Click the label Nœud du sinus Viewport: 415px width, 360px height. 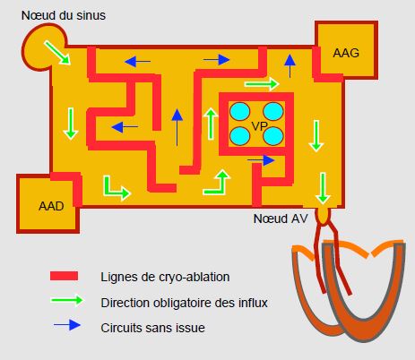(64, 15)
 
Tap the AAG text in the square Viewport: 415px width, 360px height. (346, 53)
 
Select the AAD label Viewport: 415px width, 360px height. (51, 206)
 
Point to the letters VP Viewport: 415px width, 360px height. (259, 126)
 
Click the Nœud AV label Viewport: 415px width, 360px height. (281, 219)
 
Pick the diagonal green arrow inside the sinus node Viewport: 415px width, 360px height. (56, 53)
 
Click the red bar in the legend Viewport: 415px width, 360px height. (64, 276)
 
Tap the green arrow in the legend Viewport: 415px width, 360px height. (66, 300)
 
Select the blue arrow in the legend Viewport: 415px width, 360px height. (67, 325)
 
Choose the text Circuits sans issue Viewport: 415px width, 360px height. (152, 328)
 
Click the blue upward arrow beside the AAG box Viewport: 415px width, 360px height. (290, 66)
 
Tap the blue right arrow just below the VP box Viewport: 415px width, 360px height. (261, 160)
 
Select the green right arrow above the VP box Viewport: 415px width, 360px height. (262, 84)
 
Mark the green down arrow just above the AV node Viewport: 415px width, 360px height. (323, 188)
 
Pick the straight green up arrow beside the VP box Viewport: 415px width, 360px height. (212, 124)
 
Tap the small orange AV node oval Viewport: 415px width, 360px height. (323, 215)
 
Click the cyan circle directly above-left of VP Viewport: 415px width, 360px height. (239, 111)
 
